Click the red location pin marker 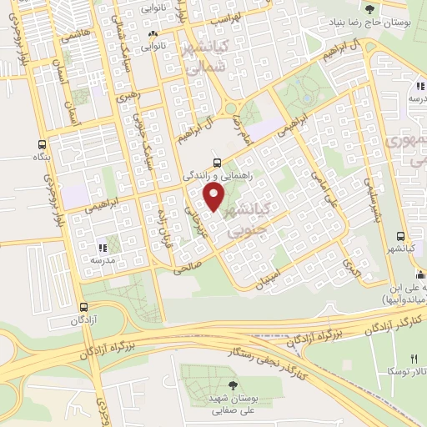215,197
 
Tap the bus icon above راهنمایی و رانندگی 218,163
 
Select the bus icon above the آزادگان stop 83,307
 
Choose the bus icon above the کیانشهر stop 401,236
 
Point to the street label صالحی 187,268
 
